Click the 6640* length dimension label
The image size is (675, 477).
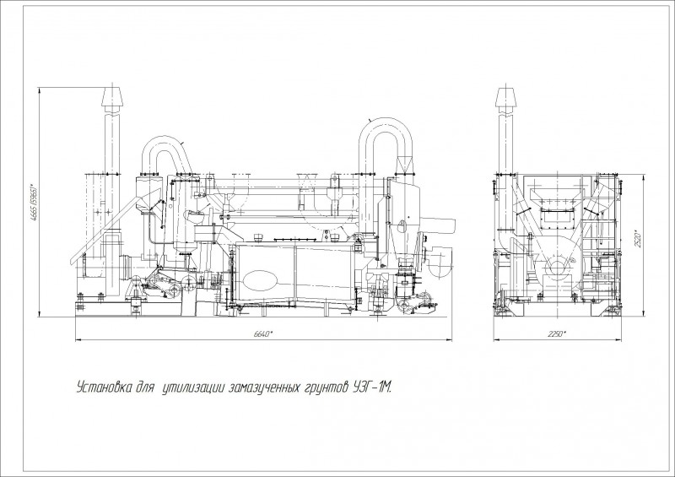point(262,334)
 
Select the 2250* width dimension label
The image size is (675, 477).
point(555,334)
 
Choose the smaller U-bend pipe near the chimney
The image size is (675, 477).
point(163,152)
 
